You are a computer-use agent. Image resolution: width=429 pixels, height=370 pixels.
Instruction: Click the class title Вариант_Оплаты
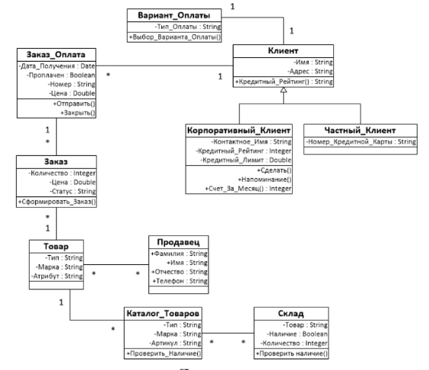point(174,15)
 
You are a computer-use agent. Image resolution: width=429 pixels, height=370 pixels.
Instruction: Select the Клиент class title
point(283,51)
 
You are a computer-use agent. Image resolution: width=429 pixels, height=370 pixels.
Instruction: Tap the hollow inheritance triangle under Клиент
point(284,90)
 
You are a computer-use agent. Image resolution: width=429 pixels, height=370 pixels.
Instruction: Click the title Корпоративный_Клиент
point(239,130)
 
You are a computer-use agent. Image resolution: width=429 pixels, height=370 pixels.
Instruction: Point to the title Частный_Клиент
point(360,130)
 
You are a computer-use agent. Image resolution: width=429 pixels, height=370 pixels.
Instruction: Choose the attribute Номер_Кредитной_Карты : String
point(361,142)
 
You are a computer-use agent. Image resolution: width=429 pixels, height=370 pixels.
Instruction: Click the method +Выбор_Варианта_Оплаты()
point(174,37)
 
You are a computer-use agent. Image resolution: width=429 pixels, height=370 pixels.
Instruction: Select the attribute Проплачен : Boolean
point(61,75)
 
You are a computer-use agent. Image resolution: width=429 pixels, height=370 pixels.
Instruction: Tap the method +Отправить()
point(74,104)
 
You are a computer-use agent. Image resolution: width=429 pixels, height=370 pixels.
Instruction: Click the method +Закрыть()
point(78,113)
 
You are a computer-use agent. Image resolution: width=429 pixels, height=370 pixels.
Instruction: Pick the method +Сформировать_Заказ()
point(57,202)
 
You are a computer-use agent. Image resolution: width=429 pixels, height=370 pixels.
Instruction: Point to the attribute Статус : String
point(72,191)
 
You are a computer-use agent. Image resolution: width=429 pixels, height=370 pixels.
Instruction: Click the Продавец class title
point(179,242)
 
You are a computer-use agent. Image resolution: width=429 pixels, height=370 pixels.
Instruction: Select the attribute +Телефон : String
point(180,281)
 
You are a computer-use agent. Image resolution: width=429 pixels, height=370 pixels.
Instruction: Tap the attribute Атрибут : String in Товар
point(57,276)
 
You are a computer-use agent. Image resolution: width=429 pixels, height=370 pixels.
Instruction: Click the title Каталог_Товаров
point(163,314)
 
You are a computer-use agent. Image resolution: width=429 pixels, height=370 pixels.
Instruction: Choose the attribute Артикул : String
point(175,343)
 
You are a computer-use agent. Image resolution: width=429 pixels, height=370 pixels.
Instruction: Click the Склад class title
point(291,314)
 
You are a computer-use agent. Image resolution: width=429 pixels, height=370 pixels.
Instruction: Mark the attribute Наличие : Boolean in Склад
point(297,334)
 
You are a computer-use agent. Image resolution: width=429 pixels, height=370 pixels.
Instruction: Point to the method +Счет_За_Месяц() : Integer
point(248,189)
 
